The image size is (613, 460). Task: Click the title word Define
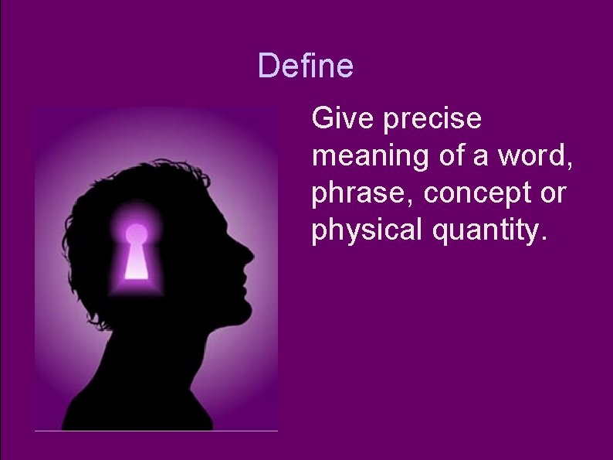point(306,66)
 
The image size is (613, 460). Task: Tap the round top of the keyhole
point(137,233)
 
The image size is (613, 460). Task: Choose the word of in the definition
point(455,156)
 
